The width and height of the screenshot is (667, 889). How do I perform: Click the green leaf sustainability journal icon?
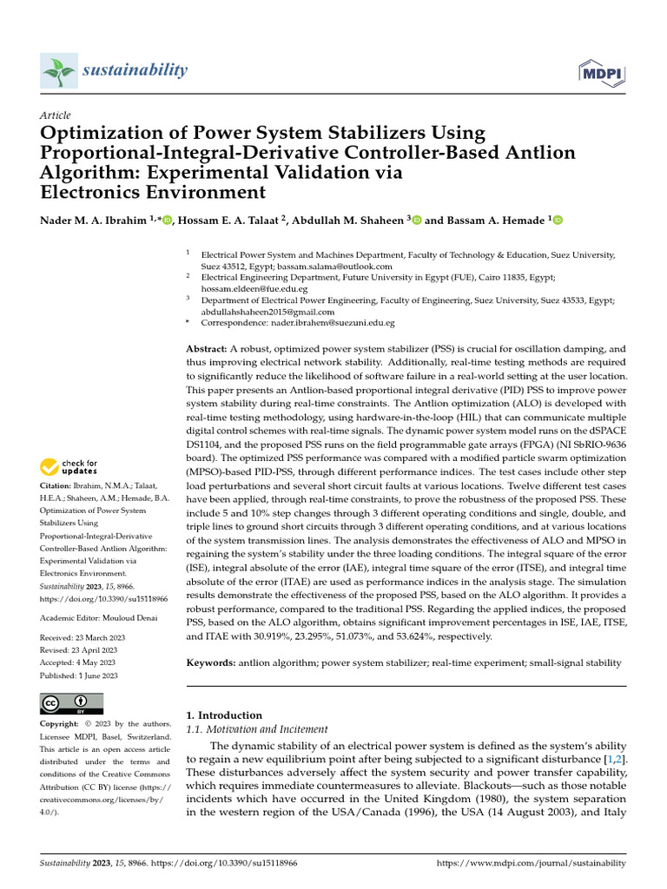click(x=59, y=69)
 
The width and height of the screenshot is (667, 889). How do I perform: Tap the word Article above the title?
click(x=56, y=115)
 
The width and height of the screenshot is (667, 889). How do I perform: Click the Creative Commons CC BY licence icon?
click(x=71, y=703)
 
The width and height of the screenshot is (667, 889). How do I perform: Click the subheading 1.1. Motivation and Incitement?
click(x=258, y=730)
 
